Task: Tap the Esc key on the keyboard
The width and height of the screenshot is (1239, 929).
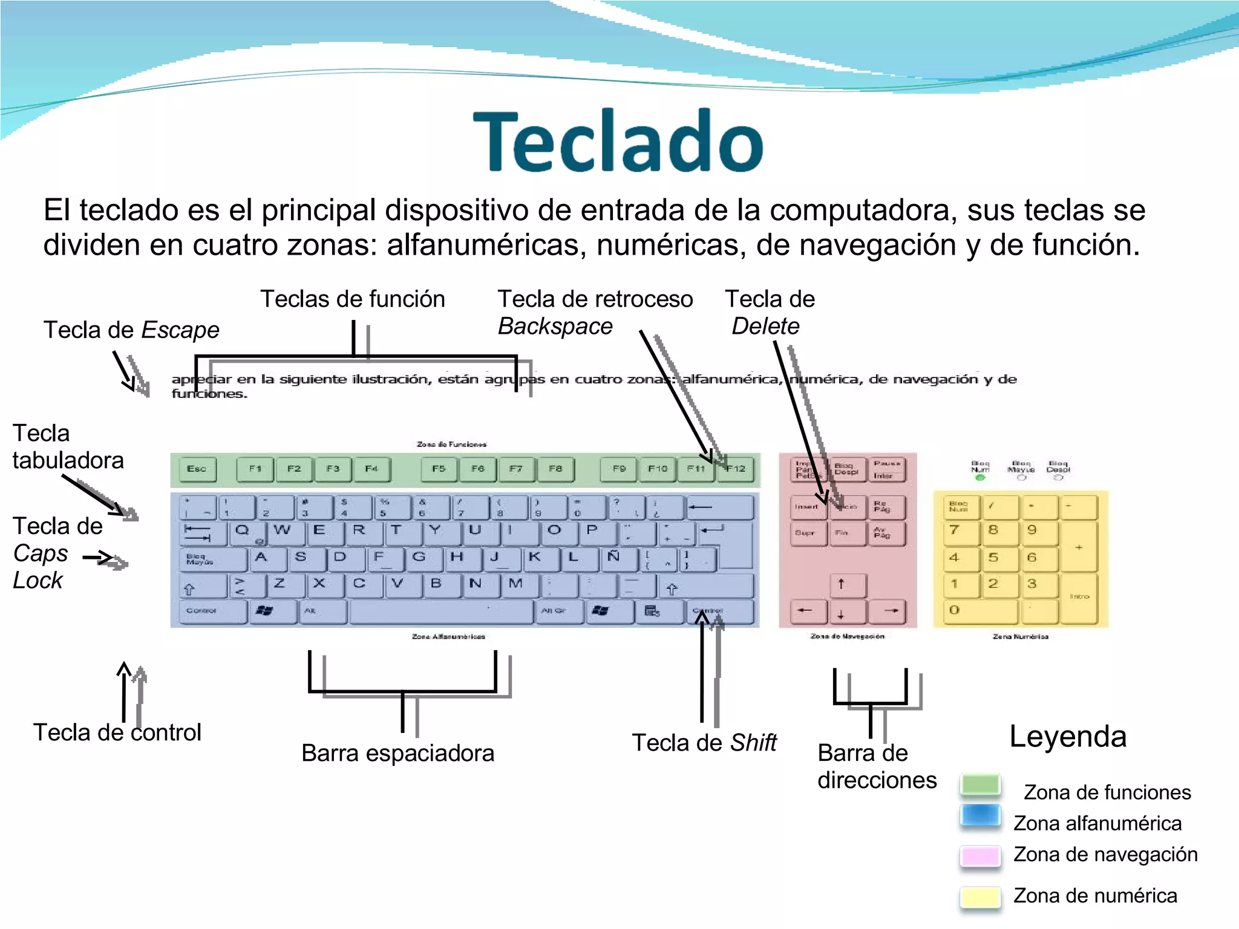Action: coord(197,469)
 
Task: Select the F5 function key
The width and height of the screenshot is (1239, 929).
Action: coord(439,469)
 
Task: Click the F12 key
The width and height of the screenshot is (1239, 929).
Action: coord(737,469)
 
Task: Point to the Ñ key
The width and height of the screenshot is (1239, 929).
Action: coord(615,558)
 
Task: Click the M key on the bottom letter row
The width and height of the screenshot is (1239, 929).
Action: coord(516,584)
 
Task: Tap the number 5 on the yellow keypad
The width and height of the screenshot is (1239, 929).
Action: coord(993,558)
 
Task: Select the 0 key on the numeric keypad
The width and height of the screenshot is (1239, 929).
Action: coord(974,611)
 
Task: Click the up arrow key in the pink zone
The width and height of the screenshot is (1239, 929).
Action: coord(841,585)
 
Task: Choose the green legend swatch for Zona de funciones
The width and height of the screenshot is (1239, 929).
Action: coord(979,785)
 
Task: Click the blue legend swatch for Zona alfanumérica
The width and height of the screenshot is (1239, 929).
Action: coord(979,815)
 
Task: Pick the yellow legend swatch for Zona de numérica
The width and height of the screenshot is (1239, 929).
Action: coord(979,896)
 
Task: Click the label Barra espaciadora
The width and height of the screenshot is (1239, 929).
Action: coord(397,754)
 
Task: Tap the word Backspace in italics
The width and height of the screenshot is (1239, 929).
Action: coord(555,327)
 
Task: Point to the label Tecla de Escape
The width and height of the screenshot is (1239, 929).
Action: coord(131,330)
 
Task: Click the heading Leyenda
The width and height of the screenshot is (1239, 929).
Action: coord(1068,737)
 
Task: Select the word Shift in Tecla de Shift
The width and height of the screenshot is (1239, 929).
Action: coord(753,743)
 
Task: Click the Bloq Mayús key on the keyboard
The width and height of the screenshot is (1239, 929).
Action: coord(212,559)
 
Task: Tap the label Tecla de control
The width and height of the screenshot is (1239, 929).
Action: coord(117,732)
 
